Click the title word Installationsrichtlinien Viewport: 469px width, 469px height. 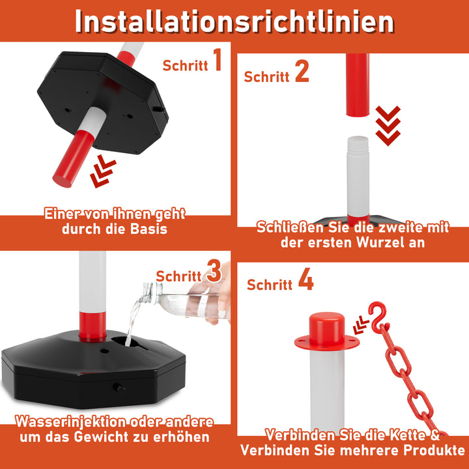pos(234,21)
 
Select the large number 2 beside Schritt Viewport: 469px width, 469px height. pos(301,71)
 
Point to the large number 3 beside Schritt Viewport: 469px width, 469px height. pos(213,272)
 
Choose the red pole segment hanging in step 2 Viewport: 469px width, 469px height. pos(357,85)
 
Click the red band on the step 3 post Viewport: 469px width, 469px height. pos(92,326)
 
